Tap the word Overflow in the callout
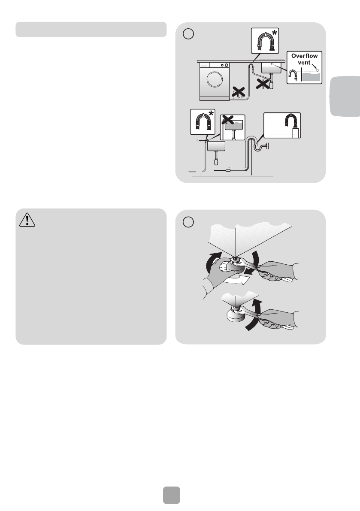(x=304, y=56)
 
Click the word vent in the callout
(x=304, y=62)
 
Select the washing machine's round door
(x=215, y=79)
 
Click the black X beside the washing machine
(x=239, y=92)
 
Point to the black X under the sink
(x=263, y=83)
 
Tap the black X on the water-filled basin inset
(x=228, y=120)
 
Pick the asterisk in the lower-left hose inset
(x=211, y=114)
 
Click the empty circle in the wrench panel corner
(x=188, y=222)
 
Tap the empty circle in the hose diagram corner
(x=188, y=34)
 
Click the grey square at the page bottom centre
(x=171, y=495)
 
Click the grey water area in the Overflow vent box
(x=312, y=77)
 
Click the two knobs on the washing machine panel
(x=224, y=65)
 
